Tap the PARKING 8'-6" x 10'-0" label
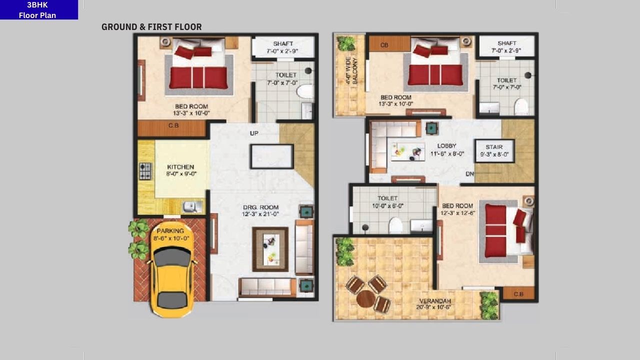(x=170, y=234)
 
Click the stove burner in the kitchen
(x=145, y=171)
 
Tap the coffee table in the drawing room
(x=270, y=248)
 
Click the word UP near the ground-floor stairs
(x=254, y=133)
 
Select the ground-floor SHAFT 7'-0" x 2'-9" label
(x=283, y=47)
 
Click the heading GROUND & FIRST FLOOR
(x=151, y=27)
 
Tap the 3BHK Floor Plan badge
(x=38, y=10)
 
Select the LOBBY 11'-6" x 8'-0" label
(x=446, y=150)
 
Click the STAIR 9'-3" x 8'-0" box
(x=494, y=150)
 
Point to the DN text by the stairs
(x=469, y=174)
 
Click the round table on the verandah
(x=366, y=298)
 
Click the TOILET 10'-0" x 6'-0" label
(x=387, y=201)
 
